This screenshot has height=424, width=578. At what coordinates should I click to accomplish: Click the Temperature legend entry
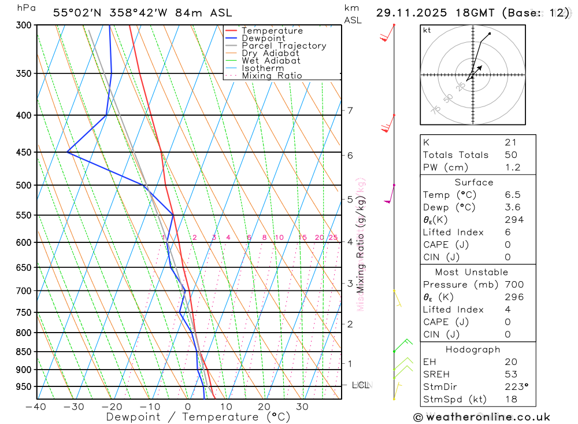click(272, 31)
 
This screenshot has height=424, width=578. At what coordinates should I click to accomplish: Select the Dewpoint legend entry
click(264, 38)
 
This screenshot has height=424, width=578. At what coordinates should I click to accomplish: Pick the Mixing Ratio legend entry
click(272, 76)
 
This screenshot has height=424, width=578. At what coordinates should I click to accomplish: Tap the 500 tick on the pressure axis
click(24, 185)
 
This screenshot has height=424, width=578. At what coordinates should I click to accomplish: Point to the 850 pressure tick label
click(24, 352)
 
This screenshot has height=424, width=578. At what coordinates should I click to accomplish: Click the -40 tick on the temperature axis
click(35, 407)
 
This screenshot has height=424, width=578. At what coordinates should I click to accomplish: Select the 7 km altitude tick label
click(350, 110)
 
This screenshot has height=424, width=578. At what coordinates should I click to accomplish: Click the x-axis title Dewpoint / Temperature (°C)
click(198, 417)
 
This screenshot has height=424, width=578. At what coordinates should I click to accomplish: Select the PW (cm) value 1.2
click(512, 168)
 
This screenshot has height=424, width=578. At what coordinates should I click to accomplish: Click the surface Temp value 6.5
click(512, 195)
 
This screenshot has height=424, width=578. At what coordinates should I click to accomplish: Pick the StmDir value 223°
click(516, 387)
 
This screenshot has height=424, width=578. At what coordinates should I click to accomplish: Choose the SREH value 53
click(510, 374)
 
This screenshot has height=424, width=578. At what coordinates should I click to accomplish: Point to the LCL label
click(360, 385)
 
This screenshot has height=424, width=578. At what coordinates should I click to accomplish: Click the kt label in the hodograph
click(427, 30)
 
